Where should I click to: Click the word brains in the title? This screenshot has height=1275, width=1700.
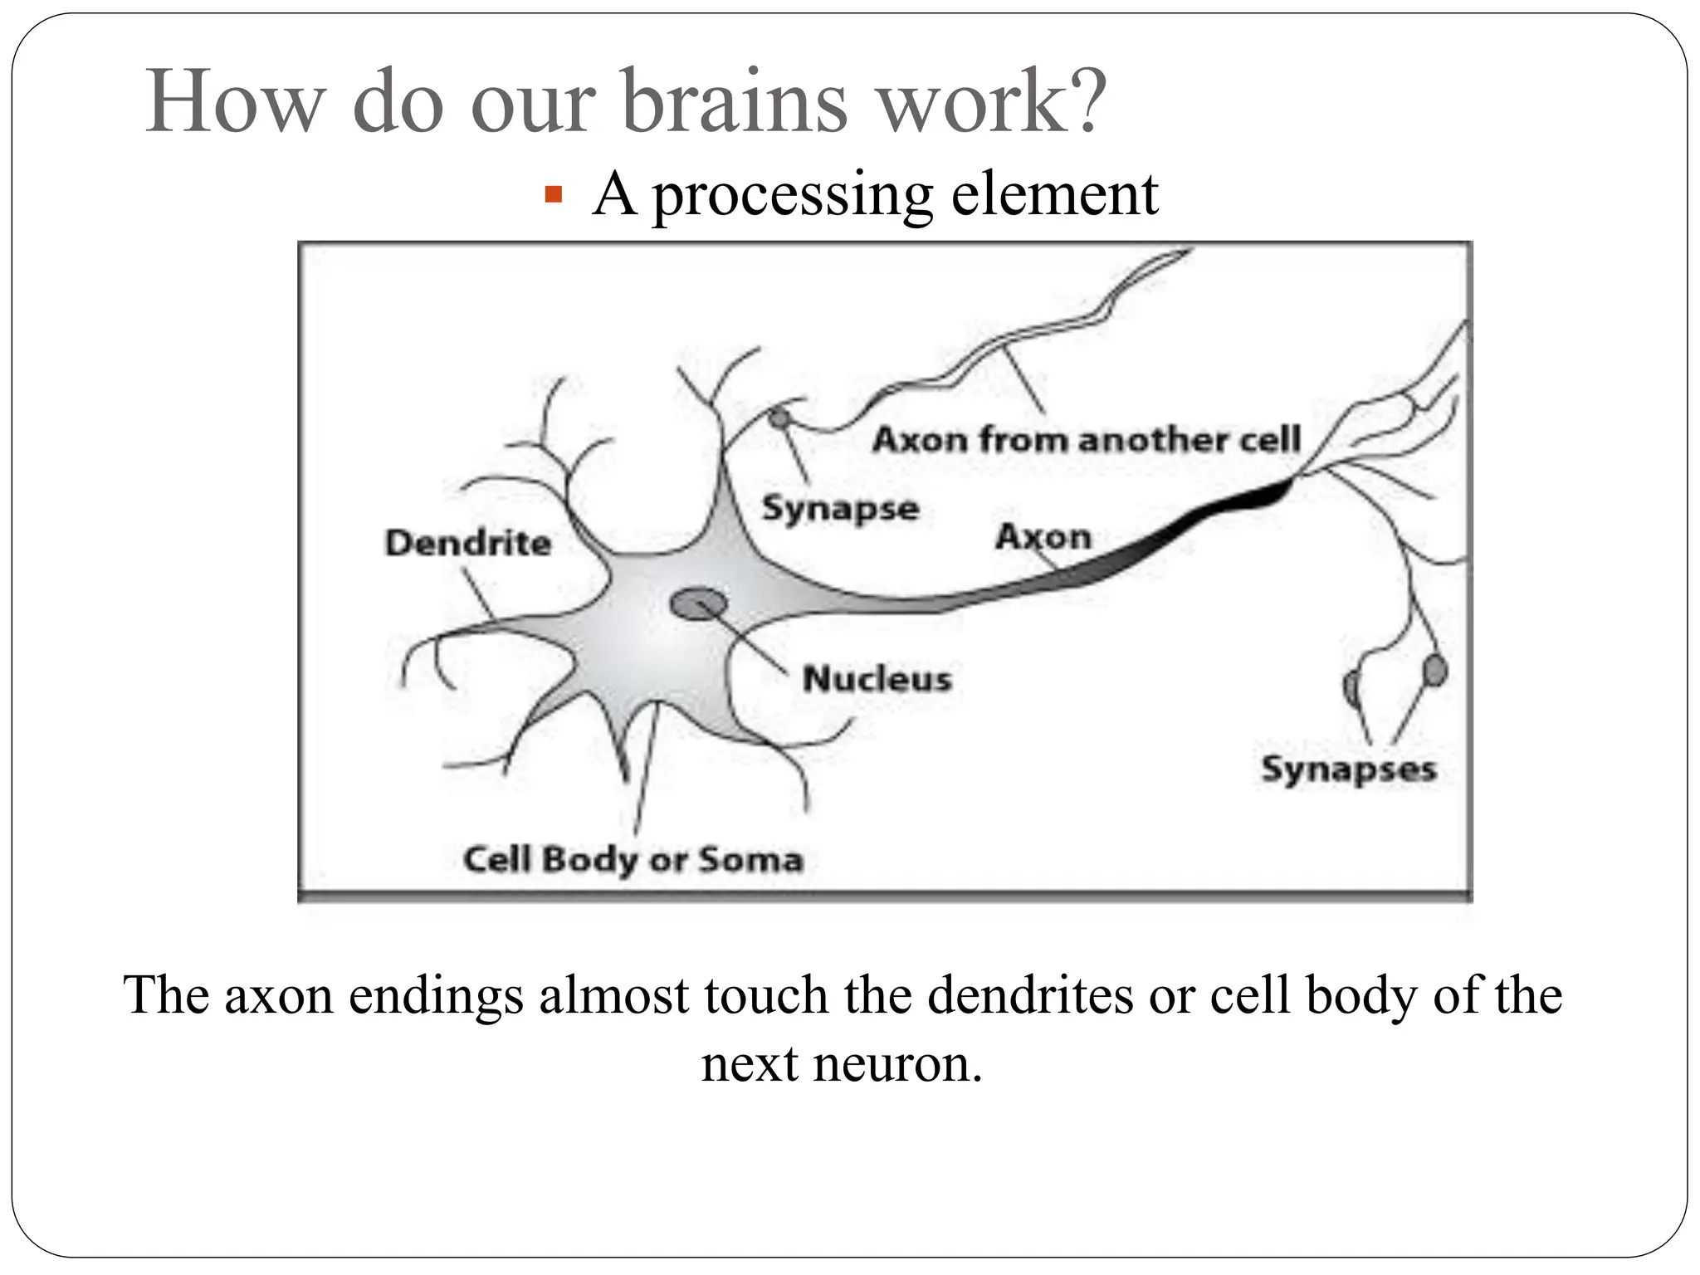[734, 103]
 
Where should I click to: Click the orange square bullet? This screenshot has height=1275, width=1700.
[554, 197]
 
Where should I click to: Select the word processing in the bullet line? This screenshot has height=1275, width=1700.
[792, 196]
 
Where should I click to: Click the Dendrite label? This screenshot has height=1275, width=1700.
[468, 544]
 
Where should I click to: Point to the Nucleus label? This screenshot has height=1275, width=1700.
[877, 679]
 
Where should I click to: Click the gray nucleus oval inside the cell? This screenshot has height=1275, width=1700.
[698, 603]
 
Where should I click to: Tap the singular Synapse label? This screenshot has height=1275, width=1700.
[840, 508]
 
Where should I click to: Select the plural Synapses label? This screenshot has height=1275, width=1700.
[1348, 769]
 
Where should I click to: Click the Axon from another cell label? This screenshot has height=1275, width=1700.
[1086, 440]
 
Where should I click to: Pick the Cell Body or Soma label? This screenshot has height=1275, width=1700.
[633, 859]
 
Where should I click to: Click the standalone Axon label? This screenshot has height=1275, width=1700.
[1043, 537]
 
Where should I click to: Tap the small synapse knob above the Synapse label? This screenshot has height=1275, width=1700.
[779, 418]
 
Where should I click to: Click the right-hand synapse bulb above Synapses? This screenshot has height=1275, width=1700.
[1434, 671]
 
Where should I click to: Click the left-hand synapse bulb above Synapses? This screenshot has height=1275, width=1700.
[1351, 686]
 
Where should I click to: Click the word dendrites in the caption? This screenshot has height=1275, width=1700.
[1029, 994]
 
